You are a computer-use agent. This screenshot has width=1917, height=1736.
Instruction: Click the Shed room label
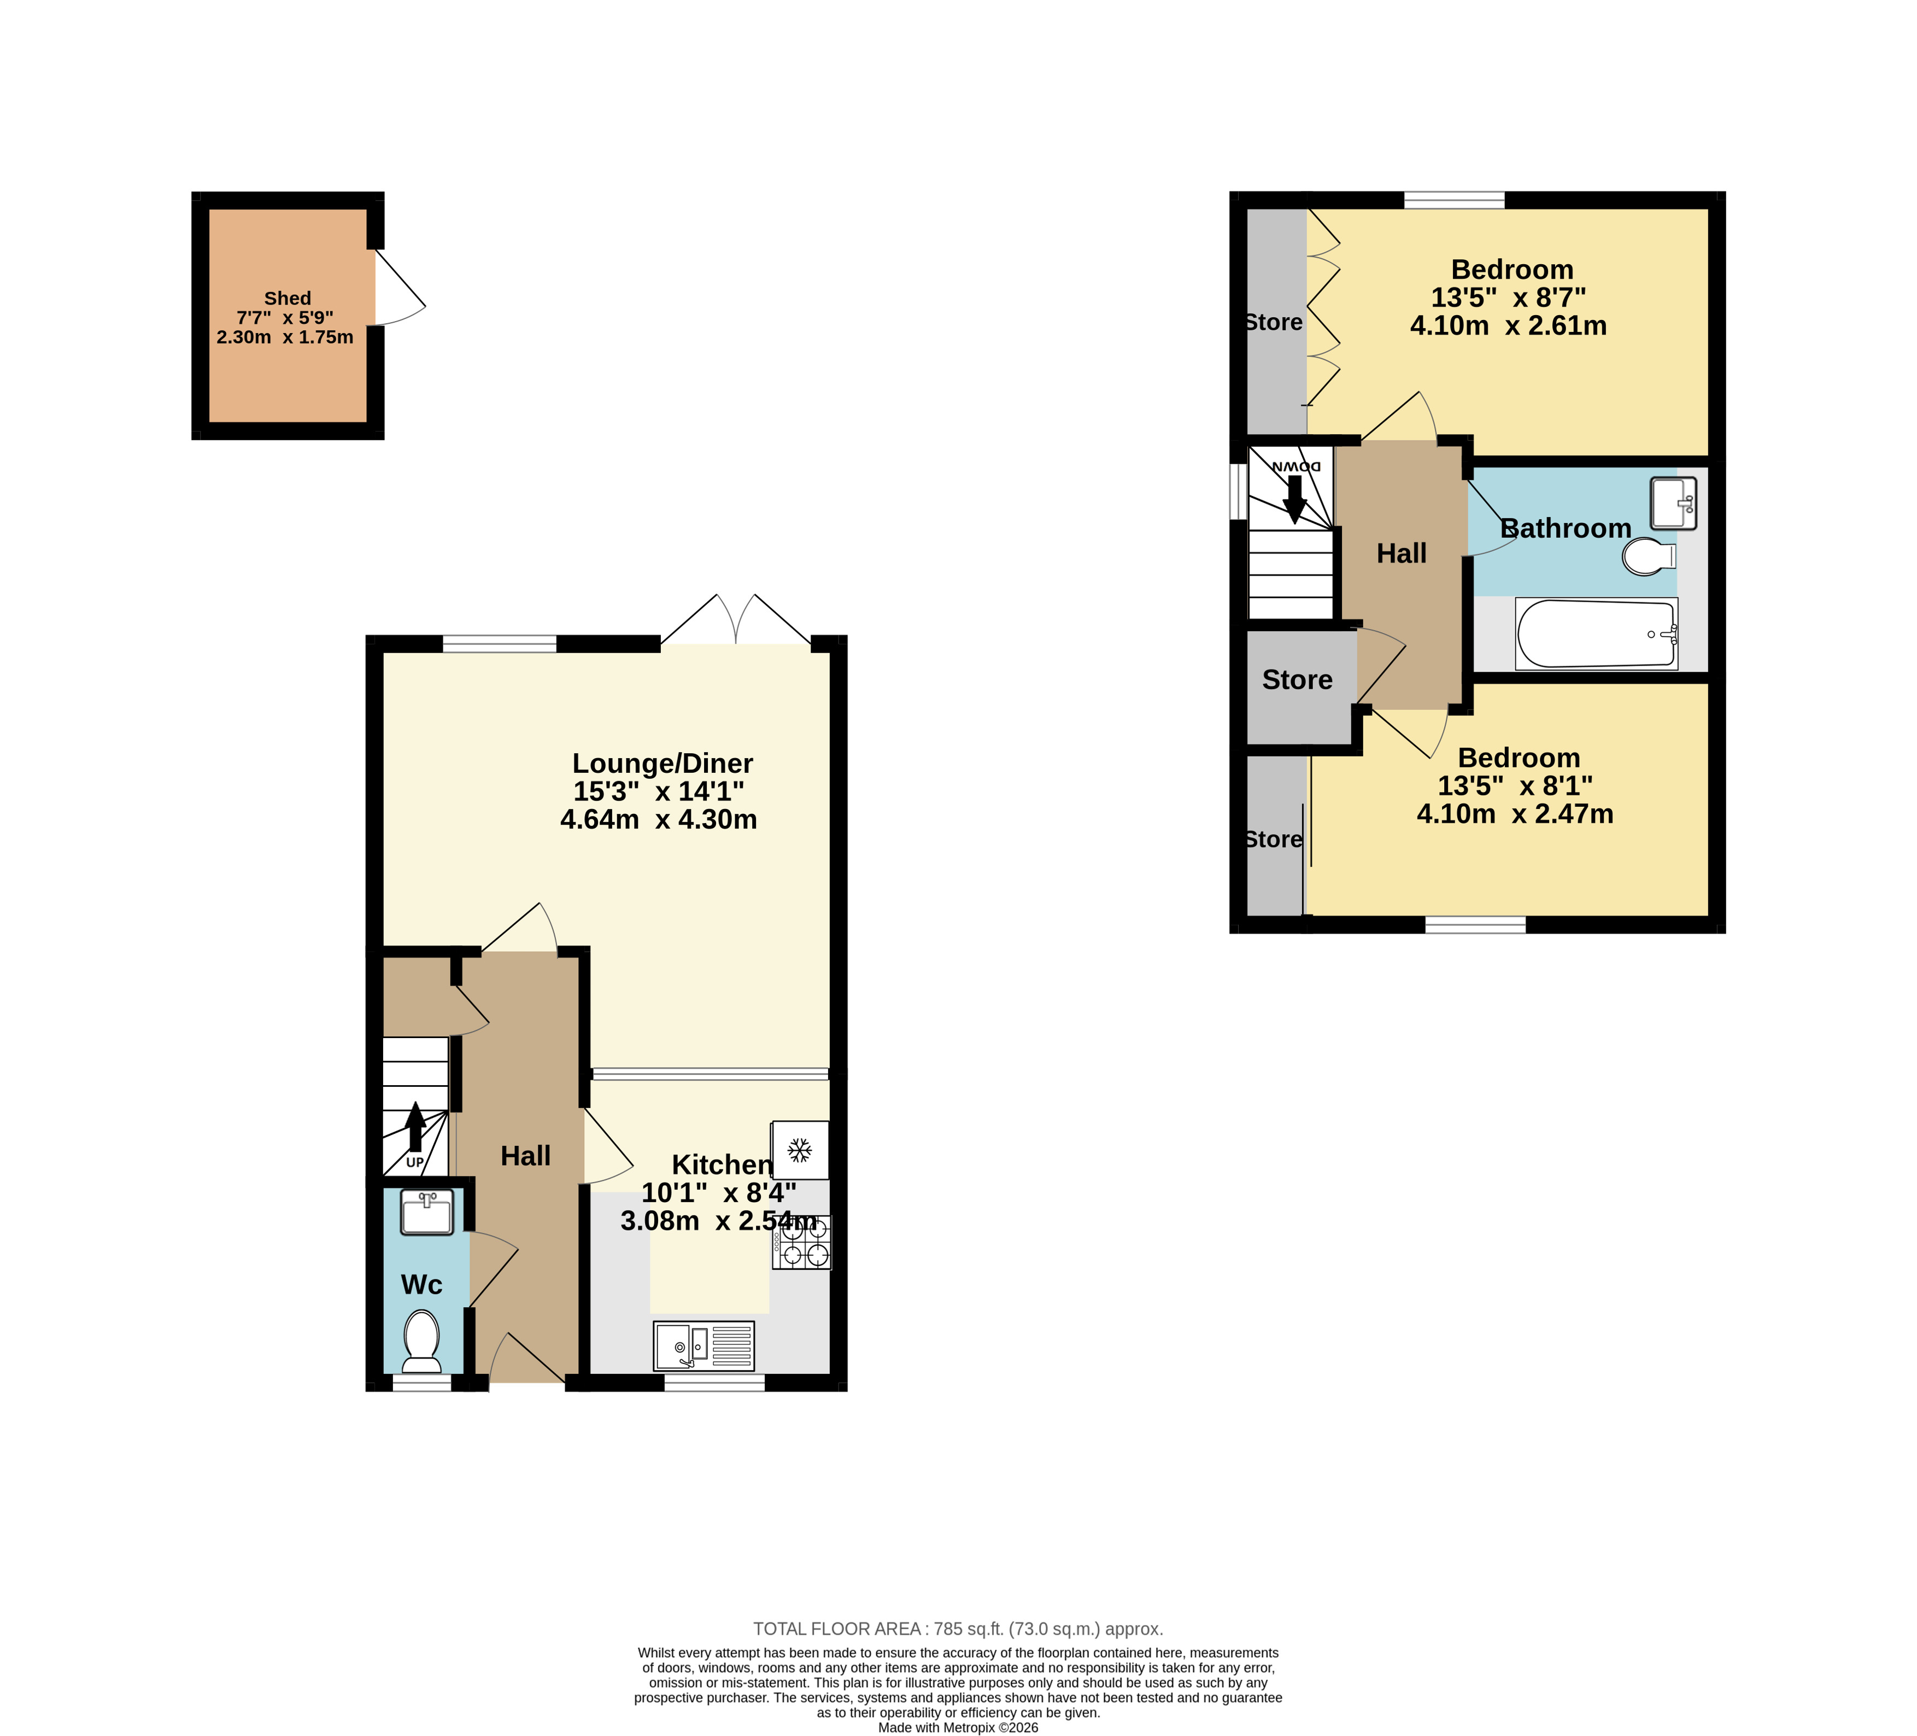287,299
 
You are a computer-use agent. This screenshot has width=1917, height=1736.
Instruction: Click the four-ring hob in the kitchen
801,1242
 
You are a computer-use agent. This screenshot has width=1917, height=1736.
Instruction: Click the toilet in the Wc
421,1341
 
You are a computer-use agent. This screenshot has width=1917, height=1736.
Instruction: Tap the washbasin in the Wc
427,1212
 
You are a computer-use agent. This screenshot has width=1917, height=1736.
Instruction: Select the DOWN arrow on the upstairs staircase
1295,498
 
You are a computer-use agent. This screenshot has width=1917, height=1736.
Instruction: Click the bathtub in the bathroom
1597,633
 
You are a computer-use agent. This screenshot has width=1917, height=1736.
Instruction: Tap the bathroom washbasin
1674,503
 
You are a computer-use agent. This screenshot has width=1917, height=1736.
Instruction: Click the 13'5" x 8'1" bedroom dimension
1515,786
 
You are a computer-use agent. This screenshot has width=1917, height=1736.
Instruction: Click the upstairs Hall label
1402,554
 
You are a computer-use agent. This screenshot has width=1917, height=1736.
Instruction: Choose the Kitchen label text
722,1164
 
